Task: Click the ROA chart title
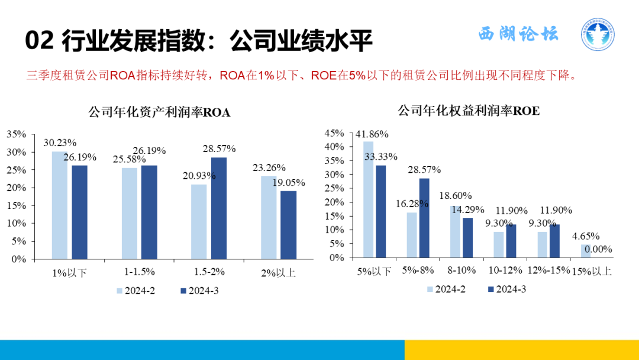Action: click(x=159, y=112)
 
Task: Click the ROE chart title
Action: click(x=468, y=110)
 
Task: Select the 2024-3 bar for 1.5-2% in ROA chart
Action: click(x=218, y=208)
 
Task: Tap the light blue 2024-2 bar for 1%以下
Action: click(x=59, y=205)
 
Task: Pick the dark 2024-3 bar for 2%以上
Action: click(x=288, y=224)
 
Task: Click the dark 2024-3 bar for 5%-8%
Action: click(x=424, y=218)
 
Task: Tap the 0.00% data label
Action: click(x=598, y=249)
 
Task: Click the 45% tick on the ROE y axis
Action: click(x=335, y=133)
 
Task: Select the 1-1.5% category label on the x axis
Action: click(x=139, y=272)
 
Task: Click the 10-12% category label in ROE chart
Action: click(x=504, y=270)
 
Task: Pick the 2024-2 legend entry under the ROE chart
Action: click(x=447, y=289)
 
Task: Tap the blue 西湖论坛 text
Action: click(x=518, y=34)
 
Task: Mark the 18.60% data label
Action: click(x=456, y=195)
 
